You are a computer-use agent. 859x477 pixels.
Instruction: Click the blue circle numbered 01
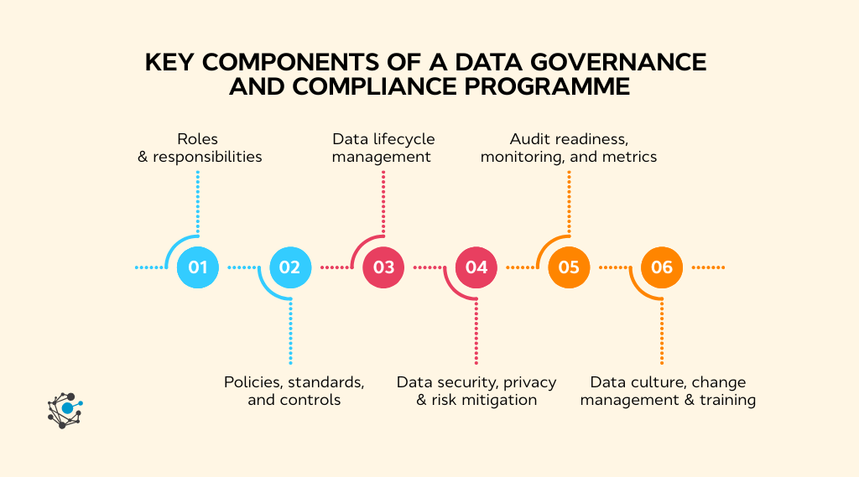point(198,267)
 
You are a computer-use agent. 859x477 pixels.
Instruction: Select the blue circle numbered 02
point(290,267)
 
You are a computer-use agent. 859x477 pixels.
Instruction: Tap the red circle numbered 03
point(383,267)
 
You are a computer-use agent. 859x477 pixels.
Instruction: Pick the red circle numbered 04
point(476,267)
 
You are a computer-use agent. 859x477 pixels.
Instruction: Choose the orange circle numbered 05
point(569,267)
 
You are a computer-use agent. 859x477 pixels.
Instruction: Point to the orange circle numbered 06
point(662,267)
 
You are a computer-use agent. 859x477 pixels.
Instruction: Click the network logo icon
point(65,409)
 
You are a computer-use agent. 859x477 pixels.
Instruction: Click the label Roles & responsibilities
point(199,148)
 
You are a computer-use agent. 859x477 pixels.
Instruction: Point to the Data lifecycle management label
point(383,148)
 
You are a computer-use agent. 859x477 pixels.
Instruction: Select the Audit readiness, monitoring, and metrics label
point(569,148)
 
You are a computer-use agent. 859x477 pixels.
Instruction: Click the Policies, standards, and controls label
point(294,391)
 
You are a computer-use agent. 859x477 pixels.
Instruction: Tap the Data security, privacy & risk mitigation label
point(476,391)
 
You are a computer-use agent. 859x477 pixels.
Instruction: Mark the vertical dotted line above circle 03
point(383,201)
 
